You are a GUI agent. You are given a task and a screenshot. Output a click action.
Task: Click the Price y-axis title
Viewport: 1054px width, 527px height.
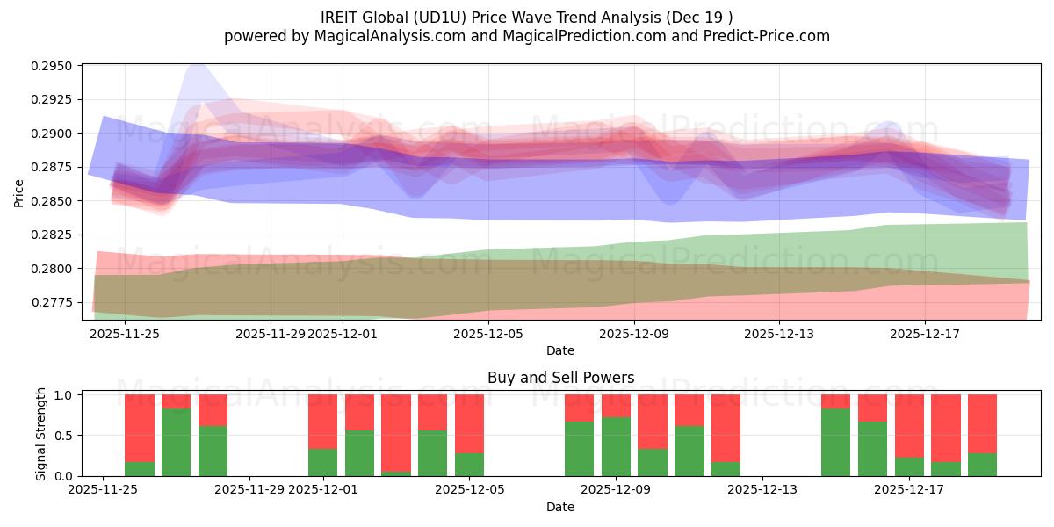19,192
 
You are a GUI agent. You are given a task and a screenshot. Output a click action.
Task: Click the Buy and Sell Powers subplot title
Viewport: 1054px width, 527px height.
560,379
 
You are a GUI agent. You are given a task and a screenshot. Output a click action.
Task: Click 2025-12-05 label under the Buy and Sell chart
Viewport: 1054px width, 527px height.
470,490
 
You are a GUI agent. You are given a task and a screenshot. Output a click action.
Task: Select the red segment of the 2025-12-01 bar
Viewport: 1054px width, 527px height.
323,422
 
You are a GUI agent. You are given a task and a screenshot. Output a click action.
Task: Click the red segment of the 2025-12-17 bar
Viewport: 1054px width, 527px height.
909,426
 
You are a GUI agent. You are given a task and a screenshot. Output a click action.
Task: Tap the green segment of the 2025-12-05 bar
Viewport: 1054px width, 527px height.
470,465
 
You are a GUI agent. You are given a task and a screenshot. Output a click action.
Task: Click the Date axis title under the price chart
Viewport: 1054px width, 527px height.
560,350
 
